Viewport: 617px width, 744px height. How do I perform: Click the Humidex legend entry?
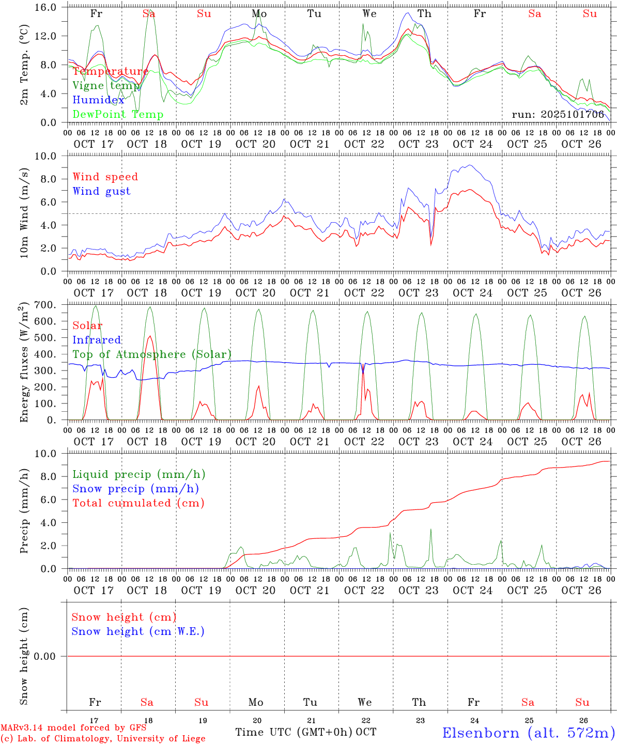pyautogui.click(x=98, y=100)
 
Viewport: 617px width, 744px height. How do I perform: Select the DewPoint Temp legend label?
pyautogui.click(x=118, y=115)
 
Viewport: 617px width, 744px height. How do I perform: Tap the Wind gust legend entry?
pyautogui.click(x=101, y=191)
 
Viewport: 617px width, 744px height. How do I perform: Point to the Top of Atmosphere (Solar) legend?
pyautogui.click(x=151, y=354)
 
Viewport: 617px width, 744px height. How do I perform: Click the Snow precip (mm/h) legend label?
pyautogui.click(x=135, y=489)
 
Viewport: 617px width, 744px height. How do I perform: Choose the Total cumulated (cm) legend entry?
pyautogui.click(x=138, y=503)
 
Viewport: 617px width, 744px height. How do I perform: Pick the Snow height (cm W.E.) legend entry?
pyautogui.click(x=137, y=631)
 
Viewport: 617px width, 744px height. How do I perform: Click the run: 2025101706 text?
pyautogui.click(x=558, y=115)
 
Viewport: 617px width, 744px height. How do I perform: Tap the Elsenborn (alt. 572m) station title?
pyautogui.click(x=528, y=733)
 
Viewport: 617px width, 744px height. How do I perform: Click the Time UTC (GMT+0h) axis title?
pyautogui.click(x=294, y=732)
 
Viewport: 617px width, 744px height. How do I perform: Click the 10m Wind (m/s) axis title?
pyautogui.click(x=24, y=213)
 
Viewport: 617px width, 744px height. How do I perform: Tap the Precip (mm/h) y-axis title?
pyautogui.click(x=24, y=512)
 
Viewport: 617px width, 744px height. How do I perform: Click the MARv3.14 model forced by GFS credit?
pyautogui.click(x=73, y=727)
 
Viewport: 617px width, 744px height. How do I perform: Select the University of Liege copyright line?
pyautogui.click(x=103, y=739)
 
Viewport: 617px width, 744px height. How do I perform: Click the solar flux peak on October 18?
pyautogui.click(x=150, y=336)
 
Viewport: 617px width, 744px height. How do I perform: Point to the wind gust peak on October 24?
pyautogui.click(x=469, y=165)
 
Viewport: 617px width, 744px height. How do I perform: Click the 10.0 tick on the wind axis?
pyautogui.click(x=53, y=156)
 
